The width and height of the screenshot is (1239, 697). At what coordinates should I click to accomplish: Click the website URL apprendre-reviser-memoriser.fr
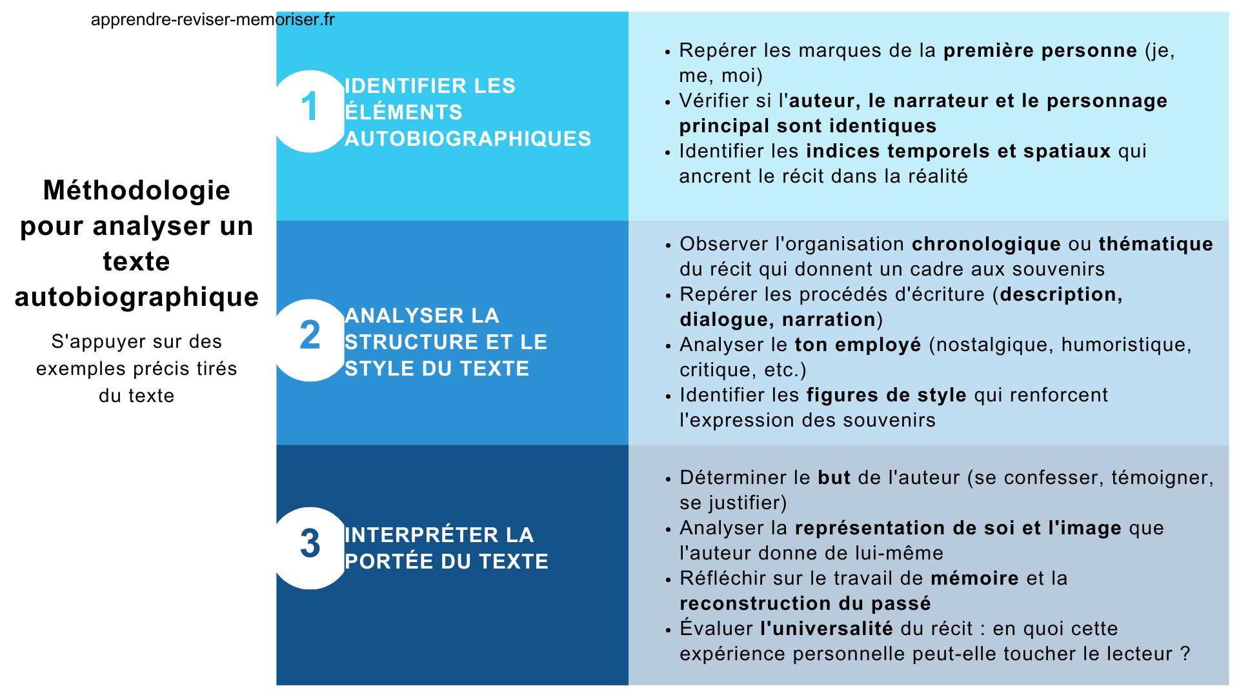(x=212, y=19)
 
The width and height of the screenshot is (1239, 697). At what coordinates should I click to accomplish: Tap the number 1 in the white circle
(x=310, y=107)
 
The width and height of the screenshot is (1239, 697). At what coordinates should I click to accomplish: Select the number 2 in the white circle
(x=310, y=336)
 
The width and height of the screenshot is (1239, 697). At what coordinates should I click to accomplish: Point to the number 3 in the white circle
(x=310, y=543)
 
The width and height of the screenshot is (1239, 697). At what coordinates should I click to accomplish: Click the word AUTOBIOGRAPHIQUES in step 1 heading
(x=468, y=139)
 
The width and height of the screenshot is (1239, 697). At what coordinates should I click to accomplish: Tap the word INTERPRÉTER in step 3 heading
(x=421, y=535)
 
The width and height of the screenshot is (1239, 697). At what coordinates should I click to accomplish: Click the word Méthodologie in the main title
(x=136, y=190)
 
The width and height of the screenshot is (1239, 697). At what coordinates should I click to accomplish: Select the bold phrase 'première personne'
(x=1040, y=50)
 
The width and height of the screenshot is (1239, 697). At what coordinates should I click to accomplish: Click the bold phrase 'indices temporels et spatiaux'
(x=958, y=151)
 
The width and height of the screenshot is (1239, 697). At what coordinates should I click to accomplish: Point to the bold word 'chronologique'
(x=986, y=244)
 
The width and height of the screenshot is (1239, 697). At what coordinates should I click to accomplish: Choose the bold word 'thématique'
(x=1156, y=244)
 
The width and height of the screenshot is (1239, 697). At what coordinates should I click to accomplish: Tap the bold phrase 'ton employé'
(x=858, y=345)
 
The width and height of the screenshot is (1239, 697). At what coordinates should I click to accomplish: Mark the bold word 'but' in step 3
(x=834, y=478)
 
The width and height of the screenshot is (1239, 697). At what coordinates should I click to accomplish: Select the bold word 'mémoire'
(x=974, y=578)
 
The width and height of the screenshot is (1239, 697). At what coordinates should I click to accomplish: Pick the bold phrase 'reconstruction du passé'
(x=805, y=603)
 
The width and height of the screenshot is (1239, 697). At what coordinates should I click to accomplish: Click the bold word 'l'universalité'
(x=827, y=629)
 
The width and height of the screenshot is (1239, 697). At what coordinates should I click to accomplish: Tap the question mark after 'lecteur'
(x=1185, y=654)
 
